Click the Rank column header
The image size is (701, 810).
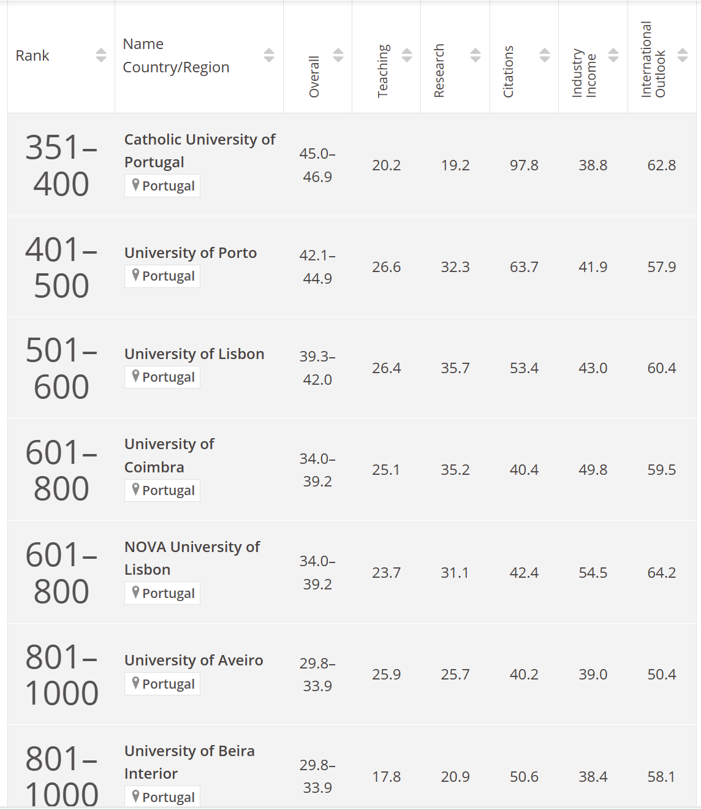[32, 56]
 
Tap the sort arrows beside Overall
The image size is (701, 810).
[338, 55]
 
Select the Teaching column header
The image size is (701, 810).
[383, 70]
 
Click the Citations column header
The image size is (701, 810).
[508, 71]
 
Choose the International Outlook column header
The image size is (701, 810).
[653, 59]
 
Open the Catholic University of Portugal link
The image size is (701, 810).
[200, 151]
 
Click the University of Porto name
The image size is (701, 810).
[191, 253]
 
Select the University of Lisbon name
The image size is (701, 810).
[194, 354]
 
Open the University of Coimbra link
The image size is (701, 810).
[169, 455]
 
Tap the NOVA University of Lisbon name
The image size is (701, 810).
[192, 558]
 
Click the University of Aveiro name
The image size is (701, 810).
[194, 660]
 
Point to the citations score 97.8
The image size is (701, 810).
[524, 165]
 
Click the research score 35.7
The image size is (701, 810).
[455, 368]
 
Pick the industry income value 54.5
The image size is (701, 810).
[593, 573]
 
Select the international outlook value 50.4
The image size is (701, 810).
[662, 675]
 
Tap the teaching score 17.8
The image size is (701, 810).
[386, 777]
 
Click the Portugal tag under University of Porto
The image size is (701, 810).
[162, 276]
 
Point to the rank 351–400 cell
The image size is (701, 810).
[61, 165]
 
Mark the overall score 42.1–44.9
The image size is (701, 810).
[317, 267]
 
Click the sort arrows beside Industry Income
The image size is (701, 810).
[613, 55]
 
